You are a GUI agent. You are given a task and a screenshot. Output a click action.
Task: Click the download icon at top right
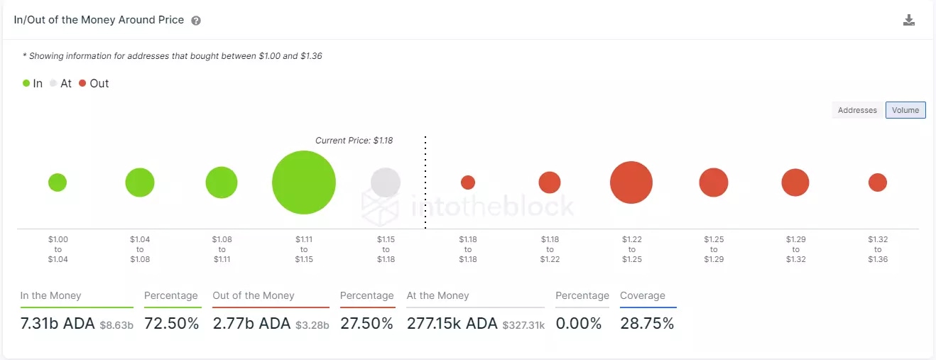pos(908,20)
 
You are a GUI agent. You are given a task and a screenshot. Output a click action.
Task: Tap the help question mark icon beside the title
pos(196,21)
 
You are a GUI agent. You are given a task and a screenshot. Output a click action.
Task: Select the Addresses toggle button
pos(857,110)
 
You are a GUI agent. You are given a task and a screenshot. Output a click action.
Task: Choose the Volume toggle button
pos(905,110)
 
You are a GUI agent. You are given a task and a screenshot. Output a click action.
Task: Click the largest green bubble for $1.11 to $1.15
pos(304,182)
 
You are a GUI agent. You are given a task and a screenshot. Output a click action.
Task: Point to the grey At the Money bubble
pos(386,182)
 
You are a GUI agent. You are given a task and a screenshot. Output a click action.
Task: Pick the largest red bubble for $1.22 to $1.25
pos(631,182)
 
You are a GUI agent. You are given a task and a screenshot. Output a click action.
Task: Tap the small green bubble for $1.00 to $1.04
pos(58,182)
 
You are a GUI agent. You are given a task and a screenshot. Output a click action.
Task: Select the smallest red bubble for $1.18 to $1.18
pos(468,182)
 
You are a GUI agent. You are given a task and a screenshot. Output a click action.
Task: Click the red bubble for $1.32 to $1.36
pos(878,182)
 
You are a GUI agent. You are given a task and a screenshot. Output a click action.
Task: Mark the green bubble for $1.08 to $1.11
pos(222,182)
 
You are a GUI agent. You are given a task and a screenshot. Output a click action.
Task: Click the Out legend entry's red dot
pos(82,84)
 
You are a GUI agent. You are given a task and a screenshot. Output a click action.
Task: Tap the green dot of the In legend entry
pos(26,84)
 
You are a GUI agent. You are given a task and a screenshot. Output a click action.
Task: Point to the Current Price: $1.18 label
pos(354,141)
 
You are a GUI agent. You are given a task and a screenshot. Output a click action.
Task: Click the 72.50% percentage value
pos(171,324)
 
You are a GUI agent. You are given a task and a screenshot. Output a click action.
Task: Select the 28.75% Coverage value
pos(647,324)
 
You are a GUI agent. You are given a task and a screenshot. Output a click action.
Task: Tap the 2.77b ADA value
pos(251,324)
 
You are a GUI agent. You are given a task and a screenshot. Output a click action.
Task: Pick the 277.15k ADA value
pos(452,324)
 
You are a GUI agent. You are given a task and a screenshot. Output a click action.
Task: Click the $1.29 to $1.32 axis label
pos(795,249)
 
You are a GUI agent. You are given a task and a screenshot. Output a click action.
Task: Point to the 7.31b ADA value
pos(59,324)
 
